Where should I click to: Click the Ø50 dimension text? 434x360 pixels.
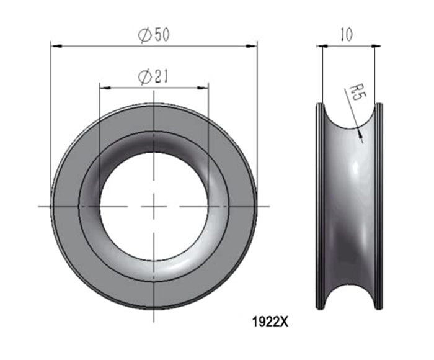coord(153,35)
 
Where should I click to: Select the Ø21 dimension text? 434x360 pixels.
coord(153,76)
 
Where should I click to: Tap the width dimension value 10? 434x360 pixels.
coord(347,35)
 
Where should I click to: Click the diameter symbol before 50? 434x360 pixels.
coord(144,35)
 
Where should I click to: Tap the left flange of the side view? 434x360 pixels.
coord(319,205)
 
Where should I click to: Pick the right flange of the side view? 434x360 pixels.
coord(379,205)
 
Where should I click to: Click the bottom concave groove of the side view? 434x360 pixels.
coord(349,292)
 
